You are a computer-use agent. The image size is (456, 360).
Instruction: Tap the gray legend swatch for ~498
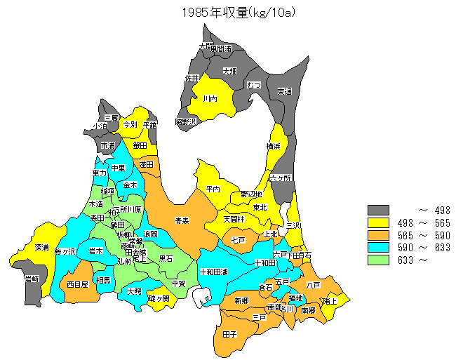(x=379, y=210)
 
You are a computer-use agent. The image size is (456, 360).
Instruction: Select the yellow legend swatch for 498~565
(x=379, y=222)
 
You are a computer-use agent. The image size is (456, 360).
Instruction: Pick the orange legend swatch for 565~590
(x=379, y=235)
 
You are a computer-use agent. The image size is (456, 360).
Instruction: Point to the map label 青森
(x=182, y=221)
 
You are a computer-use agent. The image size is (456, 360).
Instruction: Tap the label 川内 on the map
(x=210, y=99)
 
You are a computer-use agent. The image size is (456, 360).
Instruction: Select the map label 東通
(x=284, y=91)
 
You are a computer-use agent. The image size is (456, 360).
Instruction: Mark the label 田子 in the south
(x=229, y=334)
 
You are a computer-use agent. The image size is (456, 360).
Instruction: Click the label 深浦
(x=41, y=248)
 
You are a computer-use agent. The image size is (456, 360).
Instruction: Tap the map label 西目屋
(x=77, y=285)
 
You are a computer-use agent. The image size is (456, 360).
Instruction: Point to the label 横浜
(x=274, y=146)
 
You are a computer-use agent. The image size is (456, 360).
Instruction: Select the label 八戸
(x=314, y=285)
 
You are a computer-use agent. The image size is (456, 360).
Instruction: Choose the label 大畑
(x=229, y=71)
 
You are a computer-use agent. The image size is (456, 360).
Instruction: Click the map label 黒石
(x=166, y=258)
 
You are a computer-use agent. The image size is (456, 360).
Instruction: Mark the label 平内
(x=213, y=189)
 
